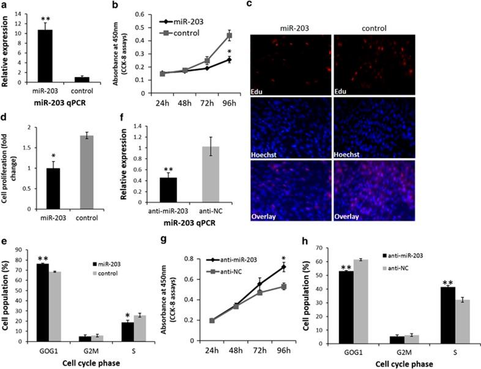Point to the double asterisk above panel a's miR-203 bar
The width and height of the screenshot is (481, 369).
(45, 20)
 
